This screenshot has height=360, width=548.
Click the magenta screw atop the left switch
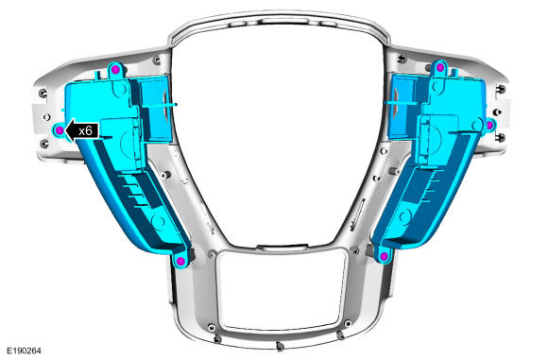click(x=116, y=70)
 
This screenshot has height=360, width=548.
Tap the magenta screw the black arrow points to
click(x=60, y=130)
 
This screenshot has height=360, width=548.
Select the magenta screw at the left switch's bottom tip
click(x=180, y=261)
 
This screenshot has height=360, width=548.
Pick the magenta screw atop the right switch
click(x=440, y=67)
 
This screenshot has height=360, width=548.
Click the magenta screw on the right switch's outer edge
click(x=490, y=125)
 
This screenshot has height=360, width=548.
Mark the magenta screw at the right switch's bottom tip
click(x=384, y=257)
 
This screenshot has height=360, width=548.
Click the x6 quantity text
click(x=85, y=131)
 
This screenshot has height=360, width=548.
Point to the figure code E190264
click(x=25, y=351)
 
